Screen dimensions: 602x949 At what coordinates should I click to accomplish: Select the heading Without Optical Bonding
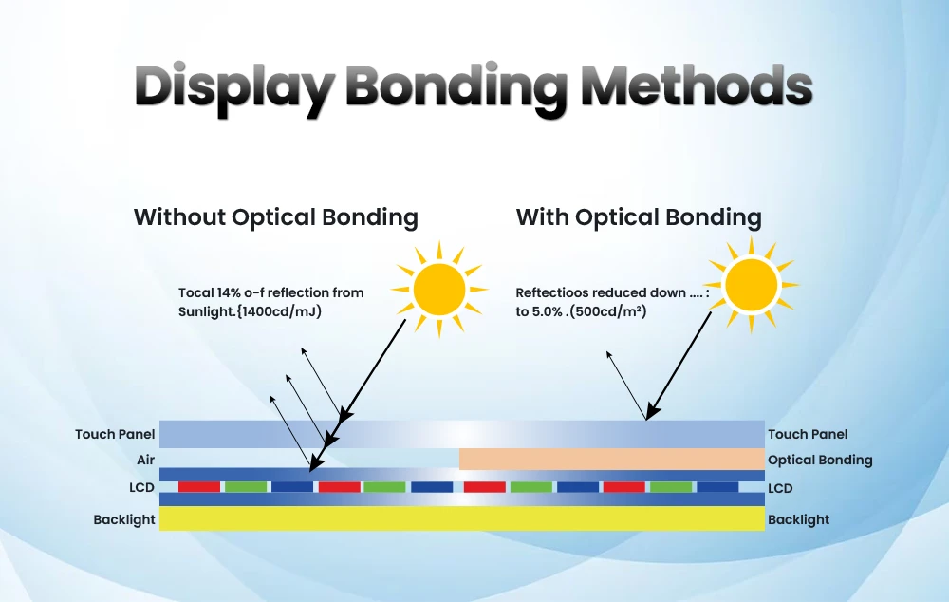(x=275, y=217)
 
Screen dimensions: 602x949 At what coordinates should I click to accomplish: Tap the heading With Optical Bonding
(x=638, y=217)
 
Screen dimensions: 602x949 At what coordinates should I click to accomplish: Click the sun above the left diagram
(x=438, y=290)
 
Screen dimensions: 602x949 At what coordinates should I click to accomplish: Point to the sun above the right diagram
(x=750, y=285)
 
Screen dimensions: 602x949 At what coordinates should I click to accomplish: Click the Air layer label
(x=144, y=460)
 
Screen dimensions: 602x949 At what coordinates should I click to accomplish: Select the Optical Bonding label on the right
(x=819, y=460)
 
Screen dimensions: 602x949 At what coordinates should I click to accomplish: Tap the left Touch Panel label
(x=115, y=434)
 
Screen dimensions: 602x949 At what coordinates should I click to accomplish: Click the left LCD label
(x=141, y=488)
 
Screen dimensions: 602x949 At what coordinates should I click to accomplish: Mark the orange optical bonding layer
(x=611, y=460)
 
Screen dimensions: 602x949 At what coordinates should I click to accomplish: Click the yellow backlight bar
(x=461, y=518)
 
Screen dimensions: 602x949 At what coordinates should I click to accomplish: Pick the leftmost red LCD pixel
(x=199, y=487)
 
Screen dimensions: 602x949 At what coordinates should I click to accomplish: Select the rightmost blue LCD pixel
(x=717, y=487)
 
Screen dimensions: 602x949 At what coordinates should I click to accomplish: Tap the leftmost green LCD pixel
(x=245, y=487)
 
